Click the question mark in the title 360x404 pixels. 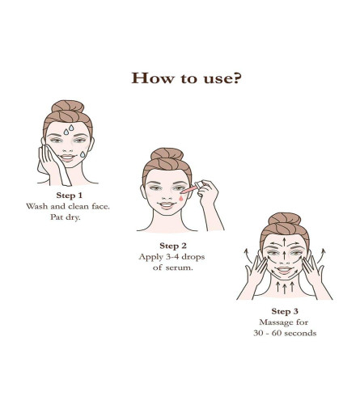(x=236, y=78)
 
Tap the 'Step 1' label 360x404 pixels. (x=69, y=196)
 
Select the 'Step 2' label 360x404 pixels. (x=173, y=246)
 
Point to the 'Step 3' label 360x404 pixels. (x=285, y=312)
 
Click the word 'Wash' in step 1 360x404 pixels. (x=37, y=207)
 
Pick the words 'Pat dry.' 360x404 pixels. (x=66, y=217)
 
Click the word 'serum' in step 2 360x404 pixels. (x=179, y=267)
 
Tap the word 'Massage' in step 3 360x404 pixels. (x=275, y=322)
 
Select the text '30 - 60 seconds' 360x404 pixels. (x=285, y=334)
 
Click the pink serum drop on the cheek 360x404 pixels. (x=180, y=198)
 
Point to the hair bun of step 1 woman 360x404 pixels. (x=68, y=107)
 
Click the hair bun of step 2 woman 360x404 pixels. (x=167, y=154)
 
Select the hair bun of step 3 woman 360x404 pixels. (x=285, y=219)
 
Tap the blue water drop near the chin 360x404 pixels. (x=83, y=154)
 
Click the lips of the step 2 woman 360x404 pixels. (x=167, y=205)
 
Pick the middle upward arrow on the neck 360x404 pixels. (x=285, y=288)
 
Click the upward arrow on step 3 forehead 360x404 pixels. (x=284, y=242)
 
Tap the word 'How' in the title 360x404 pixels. (x=153, y=78)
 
